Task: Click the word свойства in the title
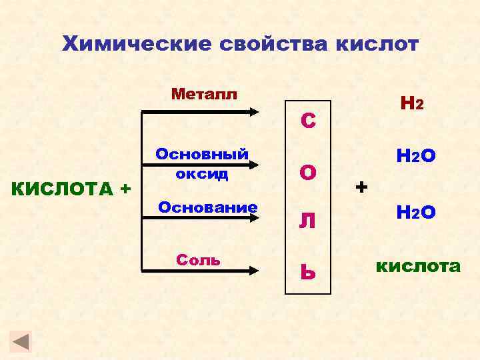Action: pos(265,45)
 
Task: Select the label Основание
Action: pos(207,207)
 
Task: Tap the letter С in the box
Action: pos(308,121)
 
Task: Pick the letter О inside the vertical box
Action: pos(308,173)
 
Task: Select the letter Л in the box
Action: pos(307,221)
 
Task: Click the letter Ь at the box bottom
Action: pos(307,271)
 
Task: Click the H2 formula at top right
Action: pos(411,103)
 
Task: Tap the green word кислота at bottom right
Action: pos(418,267)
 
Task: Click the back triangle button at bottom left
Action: pos(22,342)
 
